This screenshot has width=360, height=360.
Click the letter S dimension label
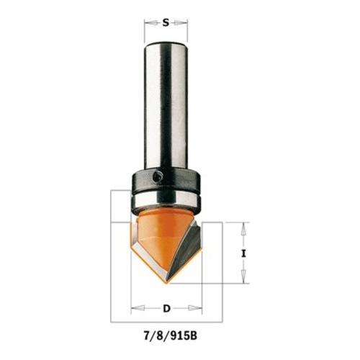tap(166, 23)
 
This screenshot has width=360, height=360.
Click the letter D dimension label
tap(166, 308)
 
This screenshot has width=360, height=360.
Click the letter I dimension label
tap(244, 253)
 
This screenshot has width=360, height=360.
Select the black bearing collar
tap(166, 181)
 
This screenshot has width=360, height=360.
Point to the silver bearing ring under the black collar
tap(166, 200)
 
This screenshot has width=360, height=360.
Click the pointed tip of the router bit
tap(166, 284)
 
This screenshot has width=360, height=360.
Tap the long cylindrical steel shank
tap(166, 107)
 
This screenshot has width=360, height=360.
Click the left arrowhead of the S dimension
tap(150, 23)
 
